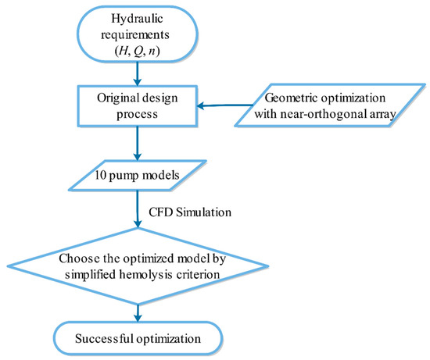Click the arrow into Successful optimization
pyautogui.click(x=138, y=312)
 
